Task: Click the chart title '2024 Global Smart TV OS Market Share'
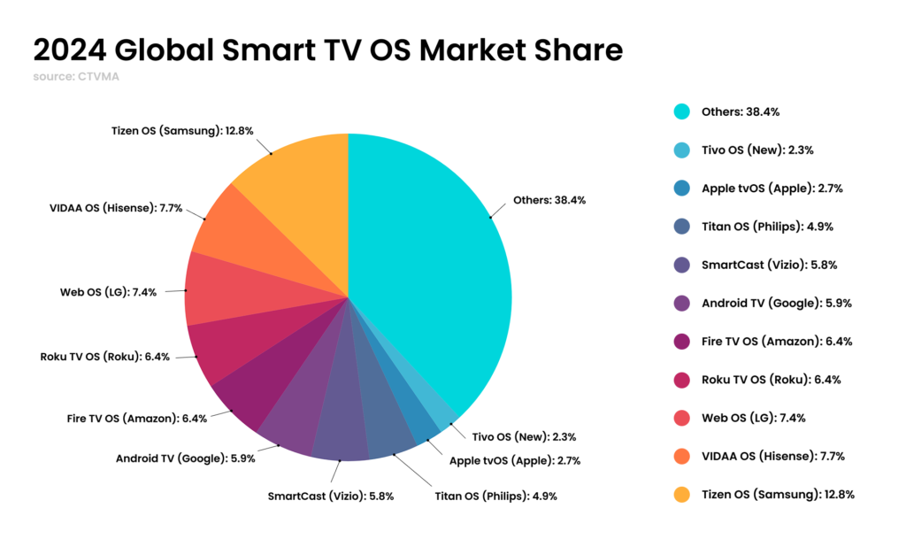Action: (327, 50)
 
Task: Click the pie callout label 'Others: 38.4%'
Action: (549, 200)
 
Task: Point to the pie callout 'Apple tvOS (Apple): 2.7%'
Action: (515, 461)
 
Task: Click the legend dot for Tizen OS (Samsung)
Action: (680, 494)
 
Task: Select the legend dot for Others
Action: (680, 112)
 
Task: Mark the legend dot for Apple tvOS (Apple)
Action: (680, 189)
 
